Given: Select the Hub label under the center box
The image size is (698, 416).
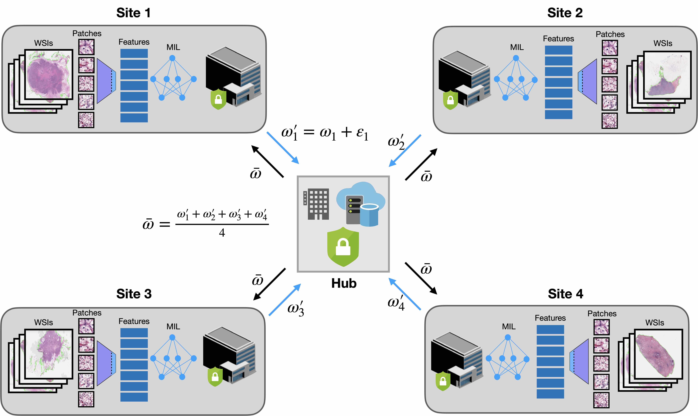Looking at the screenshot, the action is [x=344, y=283].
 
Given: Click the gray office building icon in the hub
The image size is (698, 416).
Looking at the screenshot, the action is [x=316, y=204].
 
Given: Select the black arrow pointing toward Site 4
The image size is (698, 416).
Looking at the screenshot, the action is [x=421, y=278].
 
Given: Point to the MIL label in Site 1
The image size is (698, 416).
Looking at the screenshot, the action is [x=173, y=47].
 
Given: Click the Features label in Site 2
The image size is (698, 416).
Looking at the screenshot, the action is [x=558, y=39].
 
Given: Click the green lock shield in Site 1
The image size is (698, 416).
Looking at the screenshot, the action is [x=218, y=99].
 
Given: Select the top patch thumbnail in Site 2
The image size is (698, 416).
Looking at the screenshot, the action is [x=609, y=48].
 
